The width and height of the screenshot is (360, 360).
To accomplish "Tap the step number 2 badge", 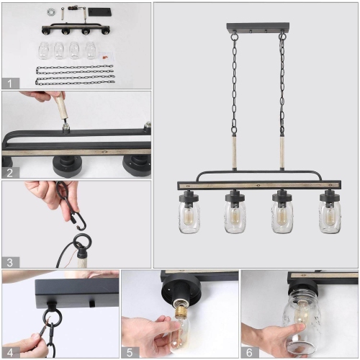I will click(x=9, y=172).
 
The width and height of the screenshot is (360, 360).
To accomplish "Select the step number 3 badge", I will click(x=9, y=263).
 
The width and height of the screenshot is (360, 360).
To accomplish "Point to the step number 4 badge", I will click(x=9, y=351).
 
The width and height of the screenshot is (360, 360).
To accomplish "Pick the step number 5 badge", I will click(x=130, y=351).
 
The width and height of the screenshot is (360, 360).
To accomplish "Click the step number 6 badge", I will click(x=248, y=351).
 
